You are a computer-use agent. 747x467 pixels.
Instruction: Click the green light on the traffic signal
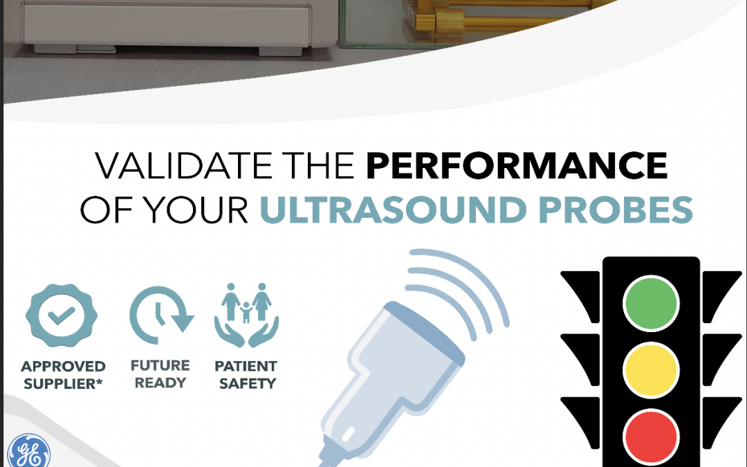point(651,303)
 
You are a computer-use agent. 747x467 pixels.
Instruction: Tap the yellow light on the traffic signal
point(651,369)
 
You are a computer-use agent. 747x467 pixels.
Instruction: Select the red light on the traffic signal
point(651,437)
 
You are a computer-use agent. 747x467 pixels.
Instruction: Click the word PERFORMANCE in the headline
point(517,165)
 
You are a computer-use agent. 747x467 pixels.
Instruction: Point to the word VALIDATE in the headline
point(183,165)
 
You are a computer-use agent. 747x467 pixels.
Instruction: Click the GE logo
point(28,452)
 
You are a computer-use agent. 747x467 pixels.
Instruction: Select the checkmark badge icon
point(62,315)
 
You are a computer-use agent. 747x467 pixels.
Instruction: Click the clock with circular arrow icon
point(161,315)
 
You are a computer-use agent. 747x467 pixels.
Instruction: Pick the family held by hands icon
point(246,315)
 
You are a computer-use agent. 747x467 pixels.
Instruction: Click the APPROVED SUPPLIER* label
point(63,375)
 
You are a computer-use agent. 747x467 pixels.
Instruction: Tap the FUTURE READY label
point(160,374)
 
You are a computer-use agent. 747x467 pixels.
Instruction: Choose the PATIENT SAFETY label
point(246,374)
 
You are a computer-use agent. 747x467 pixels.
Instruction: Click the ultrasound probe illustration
point(391,381)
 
